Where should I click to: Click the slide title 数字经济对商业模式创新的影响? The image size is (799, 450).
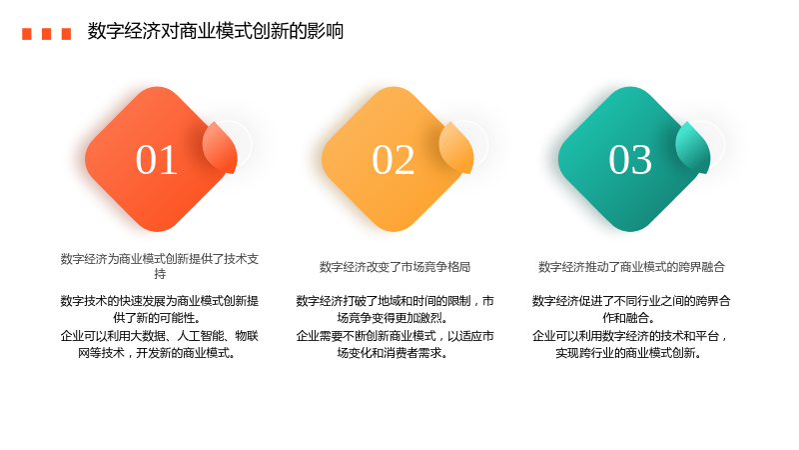pyautogui.click(x=215, y=31)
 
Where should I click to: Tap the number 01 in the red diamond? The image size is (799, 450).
pyautogui.click(x=157, y=160)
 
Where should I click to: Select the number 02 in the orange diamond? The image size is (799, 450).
pyautogui.click(x=393, y=160)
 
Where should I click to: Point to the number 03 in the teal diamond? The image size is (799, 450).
pyautogui.click(x=630, y=160)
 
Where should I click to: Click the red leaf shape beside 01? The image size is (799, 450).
pyautogui.click(x=220, y=147)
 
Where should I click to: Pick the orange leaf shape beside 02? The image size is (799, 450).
pyautogui.click(x=456, y=147)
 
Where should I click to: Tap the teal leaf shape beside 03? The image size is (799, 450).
pyautogui.click(x=693, y=147)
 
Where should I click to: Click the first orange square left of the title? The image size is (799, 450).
pyautogui.click(x=27, y=34)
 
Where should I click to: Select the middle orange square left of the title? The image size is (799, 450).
pyautogui.click(x=46, y=34)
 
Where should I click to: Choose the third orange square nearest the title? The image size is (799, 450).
pyautogui.click(x=66, y=34)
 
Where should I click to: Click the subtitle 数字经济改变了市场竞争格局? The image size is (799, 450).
pyautogui.click(x=395, y=267)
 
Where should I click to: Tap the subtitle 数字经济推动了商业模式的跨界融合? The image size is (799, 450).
pyautogui.click(x=631, y=267)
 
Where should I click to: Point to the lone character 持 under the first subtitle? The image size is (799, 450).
pyautogui.click(x=160, y=274)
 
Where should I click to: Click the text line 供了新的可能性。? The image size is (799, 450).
pyautogui.click(x=157, y=318)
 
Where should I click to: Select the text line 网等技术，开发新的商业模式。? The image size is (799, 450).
pyautogui.click(x=157, y=353)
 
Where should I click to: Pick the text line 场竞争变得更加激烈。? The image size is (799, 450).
pyautogui.click(x=393, y=318)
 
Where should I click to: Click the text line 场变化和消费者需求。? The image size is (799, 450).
pyautogui.click(x=393, y=353)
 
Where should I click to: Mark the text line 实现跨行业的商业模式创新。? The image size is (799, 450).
pyautogui.click(x=629, y=353)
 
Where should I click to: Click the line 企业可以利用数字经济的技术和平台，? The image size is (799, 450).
pyautogui.click(x=631, y=336)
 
